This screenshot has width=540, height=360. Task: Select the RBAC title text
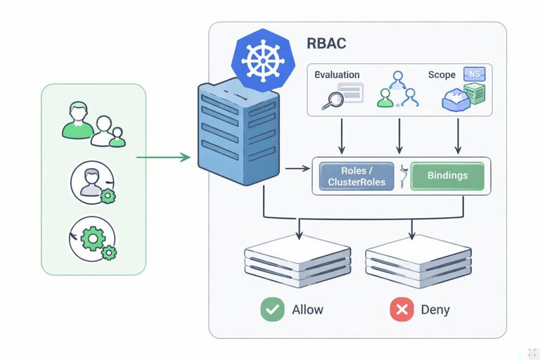tap(326, 44)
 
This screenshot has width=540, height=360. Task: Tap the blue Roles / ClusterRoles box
tap(358, 176)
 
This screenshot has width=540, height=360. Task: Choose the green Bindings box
tap(447, 176)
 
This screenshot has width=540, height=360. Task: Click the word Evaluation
tap(337, 75)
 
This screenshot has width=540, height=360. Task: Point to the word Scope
tap(442, 75)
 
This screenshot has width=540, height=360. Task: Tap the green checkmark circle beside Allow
tap(272, 309)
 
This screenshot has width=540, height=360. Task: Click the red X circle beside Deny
tap(401, 309)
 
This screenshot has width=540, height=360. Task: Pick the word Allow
tap(307, 309)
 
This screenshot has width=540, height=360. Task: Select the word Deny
tap(435, 309)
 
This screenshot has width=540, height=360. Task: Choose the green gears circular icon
tap(93, 240)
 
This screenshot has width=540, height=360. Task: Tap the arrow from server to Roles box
tap(297, 169)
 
